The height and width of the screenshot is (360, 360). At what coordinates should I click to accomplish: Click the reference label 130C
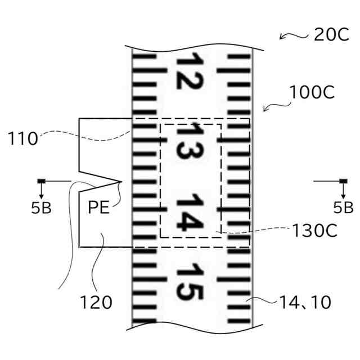[x=314, y=231]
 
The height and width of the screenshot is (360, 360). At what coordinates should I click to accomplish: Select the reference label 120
[x=96, y=303]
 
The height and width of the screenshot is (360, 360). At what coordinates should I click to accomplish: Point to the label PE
[x=99, y=207]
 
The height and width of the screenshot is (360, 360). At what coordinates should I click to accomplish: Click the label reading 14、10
[x=305, y=302]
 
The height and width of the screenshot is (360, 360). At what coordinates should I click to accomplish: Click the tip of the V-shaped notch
[x=122, y=181]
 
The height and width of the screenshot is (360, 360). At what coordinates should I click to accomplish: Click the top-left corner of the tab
[x=79, y=119]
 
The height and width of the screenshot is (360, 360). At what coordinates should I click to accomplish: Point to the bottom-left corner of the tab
[x=79, y=246]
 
